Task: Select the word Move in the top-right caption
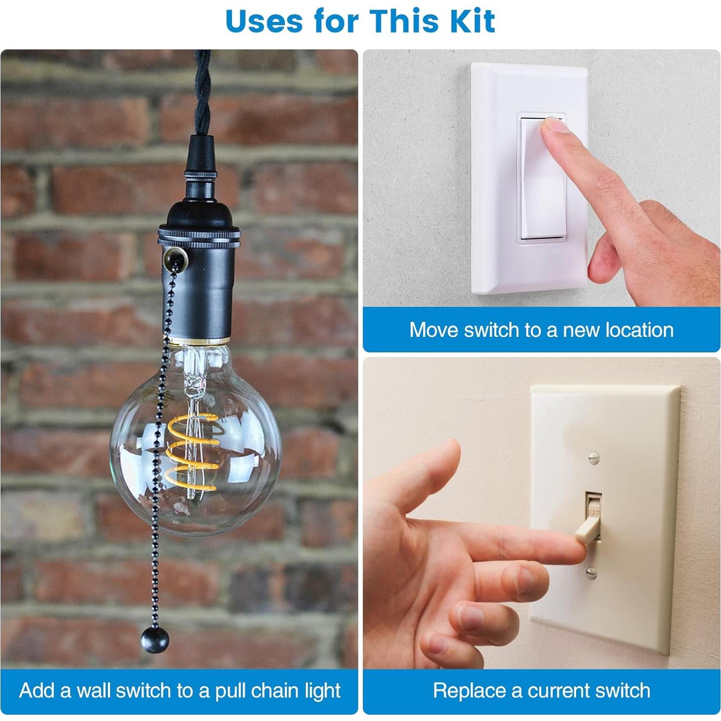[434, 330]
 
